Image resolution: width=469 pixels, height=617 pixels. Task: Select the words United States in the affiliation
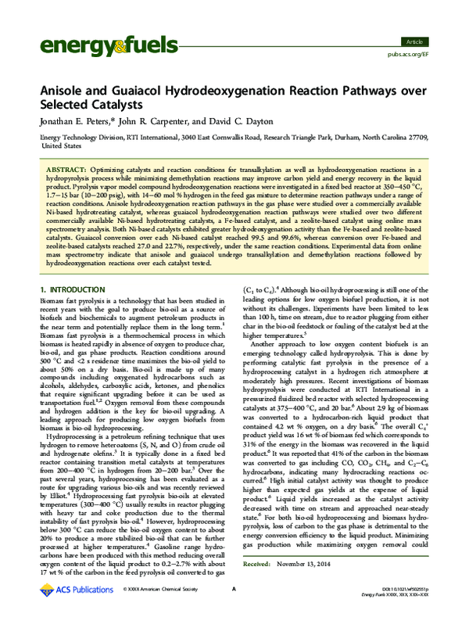(x=57, y=145)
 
